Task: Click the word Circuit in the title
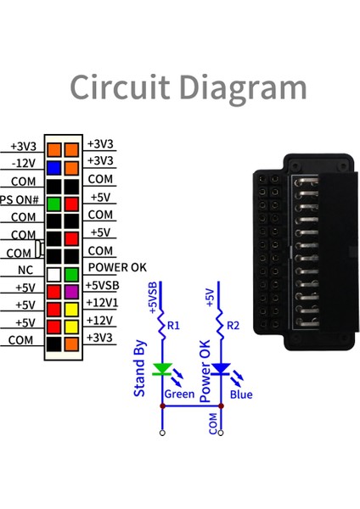click(121, 87)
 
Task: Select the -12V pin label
click(23, 164)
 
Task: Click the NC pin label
click(25, 270)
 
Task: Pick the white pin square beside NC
click(53, 274)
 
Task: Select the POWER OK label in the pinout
click(117, 267)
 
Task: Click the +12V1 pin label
click(101, 302)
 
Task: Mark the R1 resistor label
click(174, 325)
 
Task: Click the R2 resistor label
click(234, 325)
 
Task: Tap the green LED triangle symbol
click(162, 370)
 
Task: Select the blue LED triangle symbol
click(222, 370)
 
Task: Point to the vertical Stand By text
click(141, 367)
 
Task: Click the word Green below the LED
click(179, 394)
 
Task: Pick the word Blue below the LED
click(240, 394)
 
